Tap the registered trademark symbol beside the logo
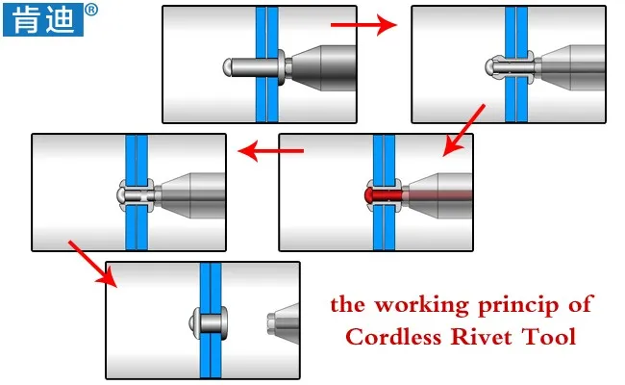pos(91,11)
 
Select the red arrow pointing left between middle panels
pos(271,150)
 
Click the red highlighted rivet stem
pos(385,194)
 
